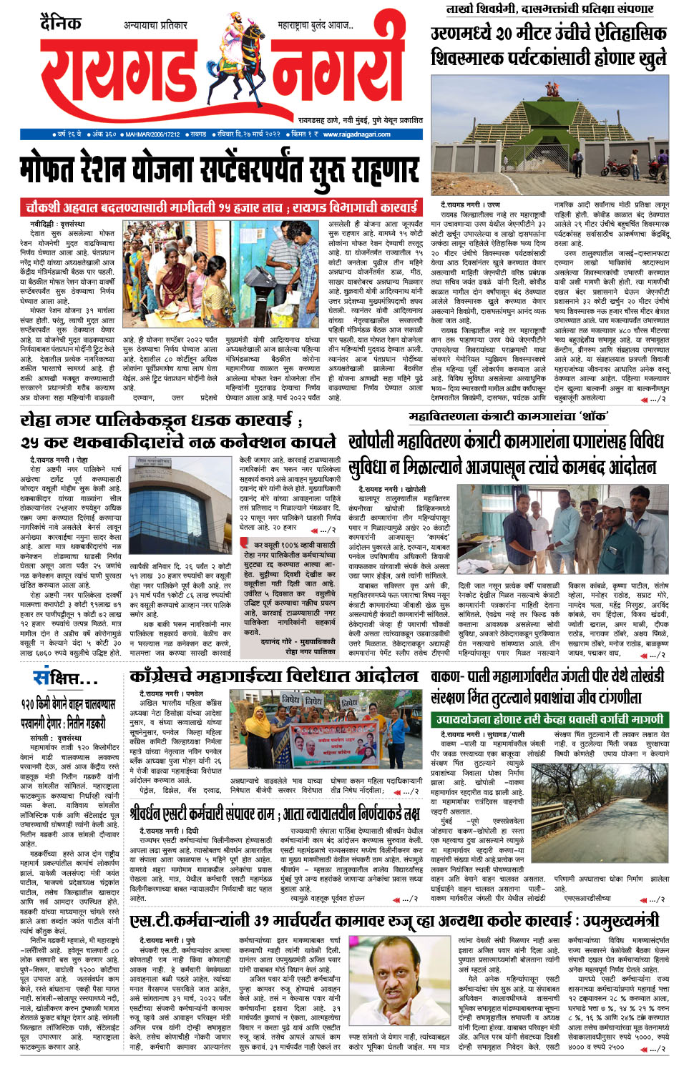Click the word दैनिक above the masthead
[61, 23]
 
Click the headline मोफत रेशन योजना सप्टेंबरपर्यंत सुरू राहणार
[218, 170]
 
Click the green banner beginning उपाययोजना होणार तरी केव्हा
[548, 719]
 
